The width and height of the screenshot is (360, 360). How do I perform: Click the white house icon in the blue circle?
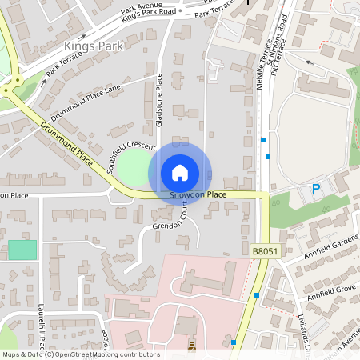180,172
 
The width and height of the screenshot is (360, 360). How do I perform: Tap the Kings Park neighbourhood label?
94,46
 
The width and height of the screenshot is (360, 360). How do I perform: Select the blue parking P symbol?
316,189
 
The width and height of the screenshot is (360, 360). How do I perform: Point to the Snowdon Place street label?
198,195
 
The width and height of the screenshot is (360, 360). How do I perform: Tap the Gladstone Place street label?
160,100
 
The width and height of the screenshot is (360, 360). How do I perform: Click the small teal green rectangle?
22,250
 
